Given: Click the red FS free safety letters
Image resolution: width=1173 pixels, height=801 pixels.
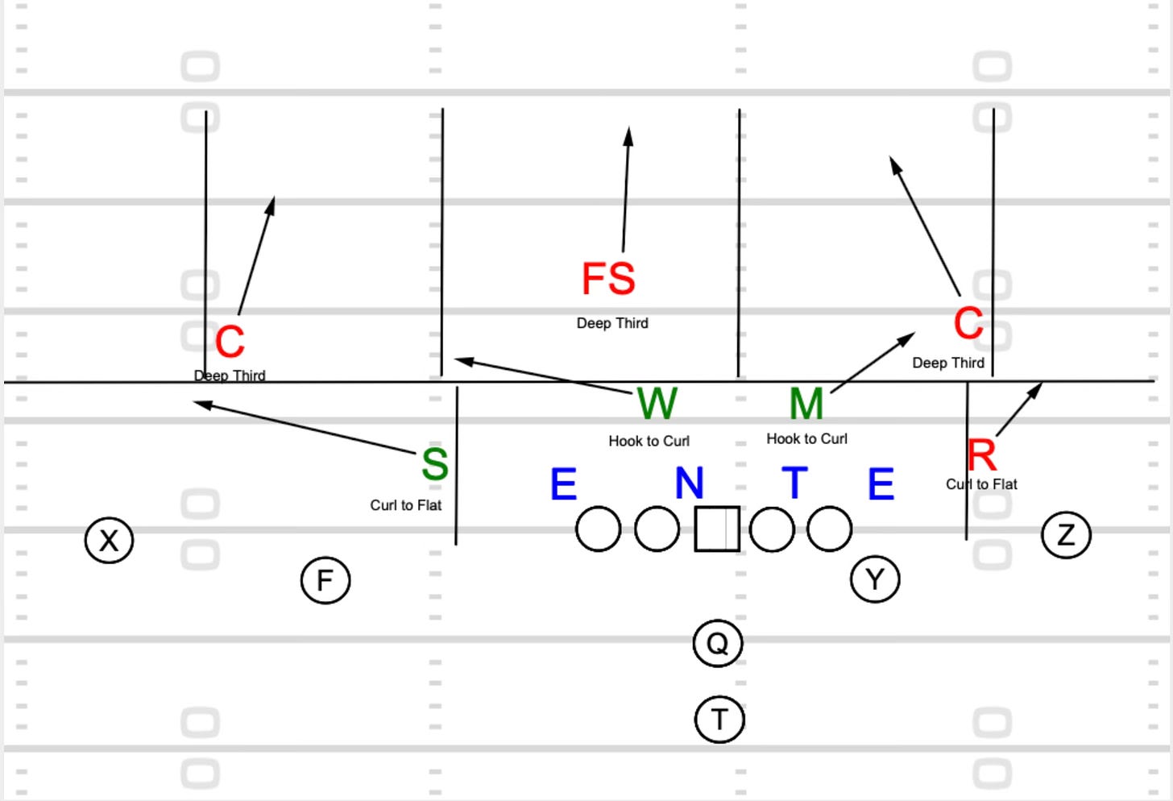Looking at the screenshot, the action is [x=608, y=279].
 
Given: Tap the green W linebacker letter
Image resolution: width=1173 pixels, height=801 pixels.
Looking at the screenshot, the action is [x=657, y=403].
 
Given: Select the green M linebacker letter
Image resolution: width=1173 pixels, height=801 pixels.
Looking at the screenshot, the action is [x=806, y=404].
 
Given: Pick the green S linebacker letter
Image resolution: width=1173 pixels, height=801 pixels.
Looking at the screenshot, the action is [x=435, y=464].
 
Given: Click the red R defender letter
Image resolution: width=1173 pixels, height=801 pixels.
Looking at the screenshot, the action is [x=981, y=455].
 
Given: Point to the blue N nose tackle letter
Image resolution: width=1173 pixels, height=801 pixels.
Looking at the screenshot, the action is [x=689, y=484].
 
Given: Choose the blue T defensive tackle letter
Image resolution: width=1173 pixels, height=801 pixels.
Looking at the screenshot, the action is [x=794, y=483].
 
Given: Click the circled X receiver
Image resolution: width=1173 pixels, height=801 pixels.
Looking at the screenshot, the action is [x=109, y=540].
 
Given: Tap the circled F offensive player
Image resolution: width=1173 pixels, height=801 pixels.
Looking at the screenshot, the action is [x=325, y=580].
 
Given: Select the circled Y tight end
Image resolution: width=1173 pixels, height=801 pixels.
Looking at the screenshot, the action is [x=875, y=579].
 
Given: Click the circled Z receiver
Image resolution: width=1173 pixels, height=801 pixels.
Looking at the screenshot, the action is [x=1066, y=535].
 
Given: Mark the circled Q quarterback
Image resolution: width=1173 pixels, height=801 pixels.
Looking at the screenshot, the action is [x=717, y=643].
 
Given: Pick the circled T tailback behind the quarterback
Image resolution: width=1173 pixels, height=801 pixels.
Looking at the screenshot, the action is [x=719, y=719].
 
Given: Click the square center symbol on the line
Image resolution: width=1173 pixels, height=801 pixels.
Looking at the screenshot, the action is [x=717, y=529].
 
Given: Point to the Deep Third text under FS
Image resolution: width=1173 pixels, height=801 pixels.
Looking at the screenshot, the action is [x=612, y=323].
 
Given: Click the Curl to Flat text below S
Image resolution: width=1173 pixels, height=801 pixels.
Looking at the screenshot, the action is [x=405, y=505].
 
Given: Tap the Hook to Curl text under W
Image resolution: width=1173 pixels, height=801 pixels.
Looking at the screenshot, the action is [x=649, y=441].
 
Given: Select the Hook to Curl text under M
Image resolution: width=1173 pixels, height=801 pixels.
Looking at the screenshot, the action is [x=806, y=438].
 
